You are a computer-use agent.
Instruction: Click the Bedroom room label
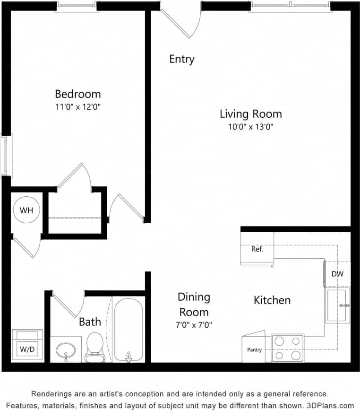coord(77,94)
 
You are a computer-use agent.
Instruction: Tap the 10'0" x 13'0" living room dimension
coord(250,126)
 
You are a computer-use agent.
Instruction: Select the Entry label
coord(182,59)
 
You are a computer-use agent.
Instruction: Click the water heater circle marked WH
coord(26,210)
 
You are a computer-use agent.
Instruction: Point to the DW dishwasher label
coord(337,274)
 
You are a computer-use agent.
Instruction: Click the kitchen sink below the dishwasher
coord(337,305)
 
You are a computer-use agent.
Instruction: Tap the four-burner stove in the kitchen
coord(288,348)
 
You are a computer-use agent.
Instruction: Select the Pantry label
coord(254,350)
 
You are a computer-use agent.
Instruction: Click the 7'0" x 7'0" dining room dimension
coord(194,325)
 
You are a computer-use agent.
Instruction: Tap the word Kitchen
coord(272,300)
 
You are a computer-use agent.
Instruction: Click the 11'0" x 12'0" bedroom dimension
coord(77,106)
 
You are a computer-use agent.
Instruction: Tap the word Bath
coord(90,322)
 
